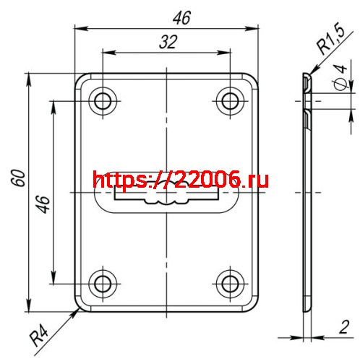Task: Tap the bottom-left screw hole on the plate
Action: [103, 282]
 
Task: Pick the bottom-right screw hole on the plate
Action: [231, 282]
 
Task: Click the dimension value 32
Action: [168, 42]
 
